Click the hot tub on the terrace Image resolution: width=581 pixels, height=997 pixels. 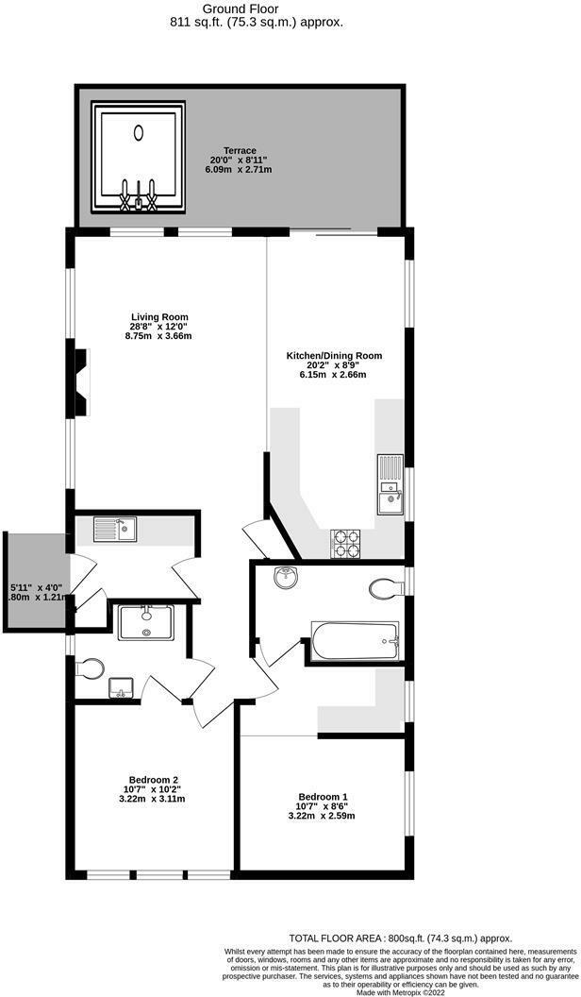point(139,158)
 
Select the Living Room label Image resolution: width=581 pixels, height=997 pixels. point(158,326)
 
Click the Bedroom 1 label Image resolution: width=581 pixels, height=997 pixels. point(323,803)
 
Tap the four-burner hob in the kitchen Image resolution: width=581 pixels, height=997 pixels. point(345,542)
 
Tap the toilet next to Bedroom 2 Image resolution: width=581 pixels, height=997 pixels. point(89,667)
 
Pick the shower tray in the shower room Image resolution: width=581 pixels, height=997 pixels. point(145,624)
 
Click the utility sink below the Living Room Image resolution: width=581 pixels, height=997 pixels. point(115,530)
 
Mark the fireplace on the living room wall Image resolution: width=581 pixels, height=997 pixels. point(81,380)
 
